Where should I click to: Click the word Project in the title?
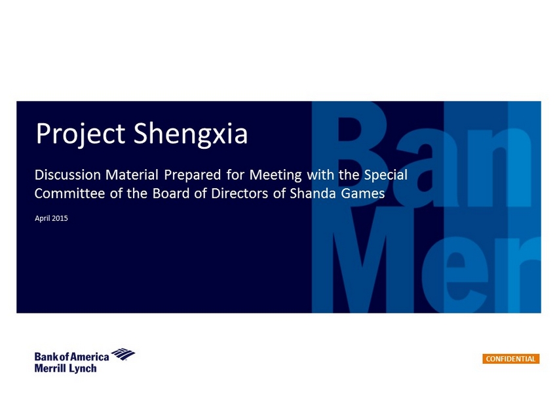(x=81, y=134)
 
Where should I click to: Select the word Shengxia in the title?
(x=191, y=134)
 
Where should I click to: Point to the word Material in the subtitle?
(x=132, y=175)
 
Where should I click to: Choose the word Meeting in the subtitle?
(x=275, y=176)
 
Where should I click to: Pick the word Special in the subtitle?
(x=386, y=176)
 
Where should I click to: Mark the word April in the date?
(x=43, y=218)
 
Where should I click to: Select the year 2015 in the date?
(x=60, y=218)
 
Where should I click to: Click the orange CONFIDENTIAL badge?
(x=511, y=359)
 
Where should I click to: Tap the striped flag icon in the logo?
(x=123, y=354)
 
